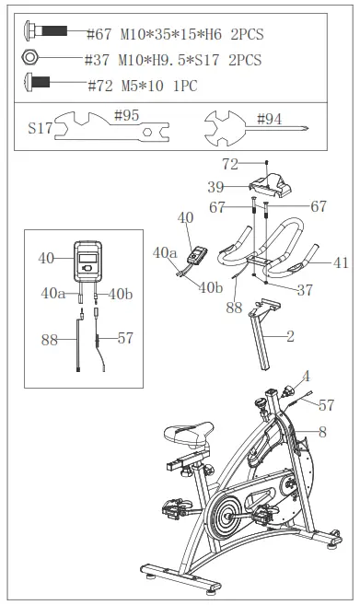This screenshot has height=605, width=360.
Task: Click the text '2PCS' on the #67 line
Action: click(242, 34)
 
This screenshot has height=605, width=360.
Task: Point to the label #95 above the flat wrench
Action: click(127, 117)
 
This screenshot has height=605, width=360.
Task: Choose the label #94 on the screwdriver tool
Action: click(270, 119)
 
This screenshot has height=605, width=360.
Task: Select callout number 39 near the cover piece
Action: click(215, 185)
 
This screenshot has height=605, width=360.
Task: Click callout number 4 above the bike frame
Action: click(307, 376)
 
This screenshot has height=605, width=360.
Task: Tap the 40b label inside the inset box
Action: click(122, 294)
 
